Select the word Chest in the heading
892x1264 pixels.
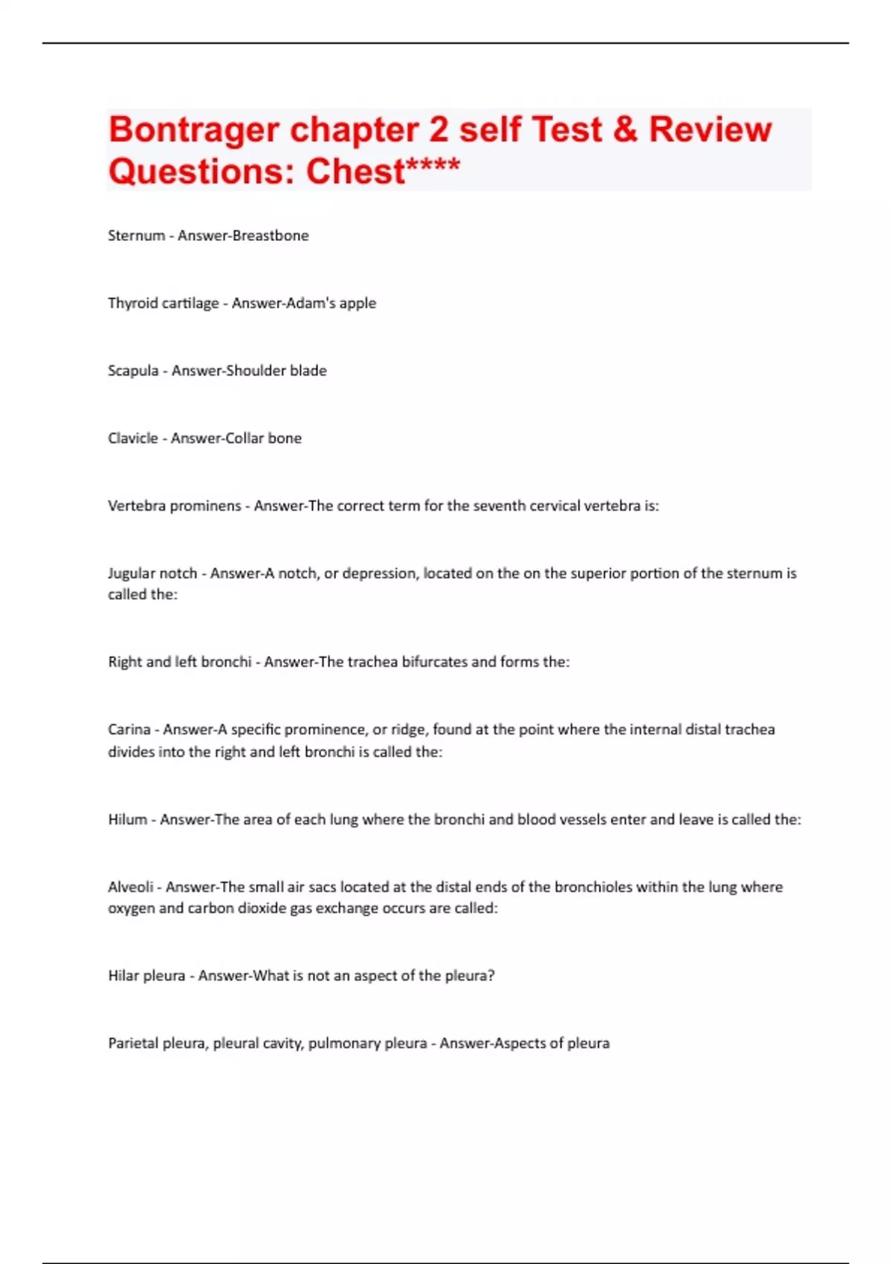pyautogui.click(x=355, y=172)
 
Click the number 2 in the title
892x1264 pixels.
pyautogui.click(x=439, y=129)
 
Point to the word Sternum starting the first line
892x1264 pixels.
pyautogui.click(x=136, y=236)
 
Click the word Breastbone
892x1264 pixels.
pyautogui.click(x=271, y=236)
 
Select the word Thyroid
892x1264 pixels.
pyautogui.click(x=131, y=303)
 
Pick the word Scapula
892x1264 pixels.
pyautogui.click(x=133, y=371)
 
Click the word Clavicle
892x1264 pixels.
pyautogui.click(x=133, y=439)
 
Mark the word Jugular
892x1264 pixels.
pyautogui.click(x=132, y=573)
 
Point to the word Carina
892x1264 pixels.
pyautogui.click(x=129, y=729)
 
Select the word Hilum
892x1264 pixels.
pyautogui.click(x=127, y=819)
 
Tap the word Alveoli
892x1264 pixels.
pyautogui.click(x=130, y=887)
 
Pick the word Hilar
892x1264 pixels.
pyautogui.click(x=123, y=976)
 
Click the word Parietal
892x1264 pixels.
pyautogui.click(x=133, y=1043)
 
